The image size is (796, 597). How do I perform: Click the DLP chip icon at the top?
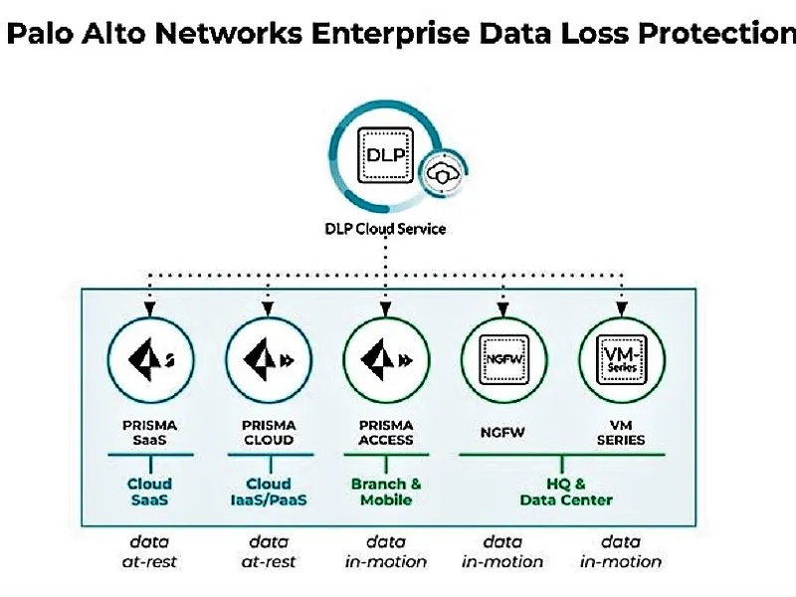click(382, 156)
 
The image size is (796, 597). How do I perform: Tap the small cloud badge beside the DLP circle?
click(439, 173)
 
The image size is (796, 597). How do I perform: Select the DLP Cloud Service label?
click(386, 229)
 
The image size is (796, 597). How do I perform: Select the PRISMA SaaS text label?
click(149, 432)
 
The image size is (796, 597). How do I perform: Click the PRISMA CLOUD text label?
click(268, 432)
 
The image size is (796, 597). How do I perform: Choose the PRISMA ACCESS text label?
click(385, 432)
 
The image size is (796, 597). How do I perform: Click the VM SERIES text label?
click(621, 432)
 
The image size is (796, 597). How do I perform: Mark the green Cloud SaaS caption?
click(149, 492)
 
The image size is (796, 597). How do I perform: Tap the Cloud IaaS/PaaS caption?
click(268, 492)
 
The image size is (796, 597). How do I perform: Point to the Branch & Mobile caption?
click(385, 492)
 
